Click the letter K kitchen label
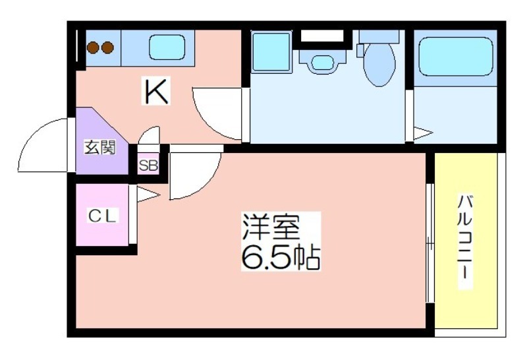point(157,92)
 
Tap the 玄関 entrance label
point(99,147)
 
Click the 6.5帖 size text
point(280,258)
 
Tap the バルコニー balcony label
point(466,241)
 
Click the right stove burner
point(107,47)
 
